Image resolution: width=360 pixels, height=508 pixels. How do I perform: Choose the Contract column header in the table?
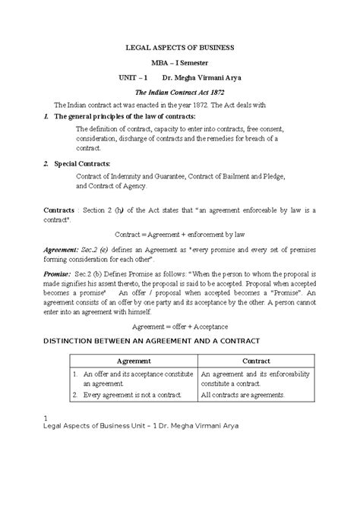pyautogui.click(x=256, y=361)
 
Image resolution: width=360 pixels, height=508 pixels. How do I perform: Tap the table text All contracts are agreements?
pyautogui.click(x=242, y=396)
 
